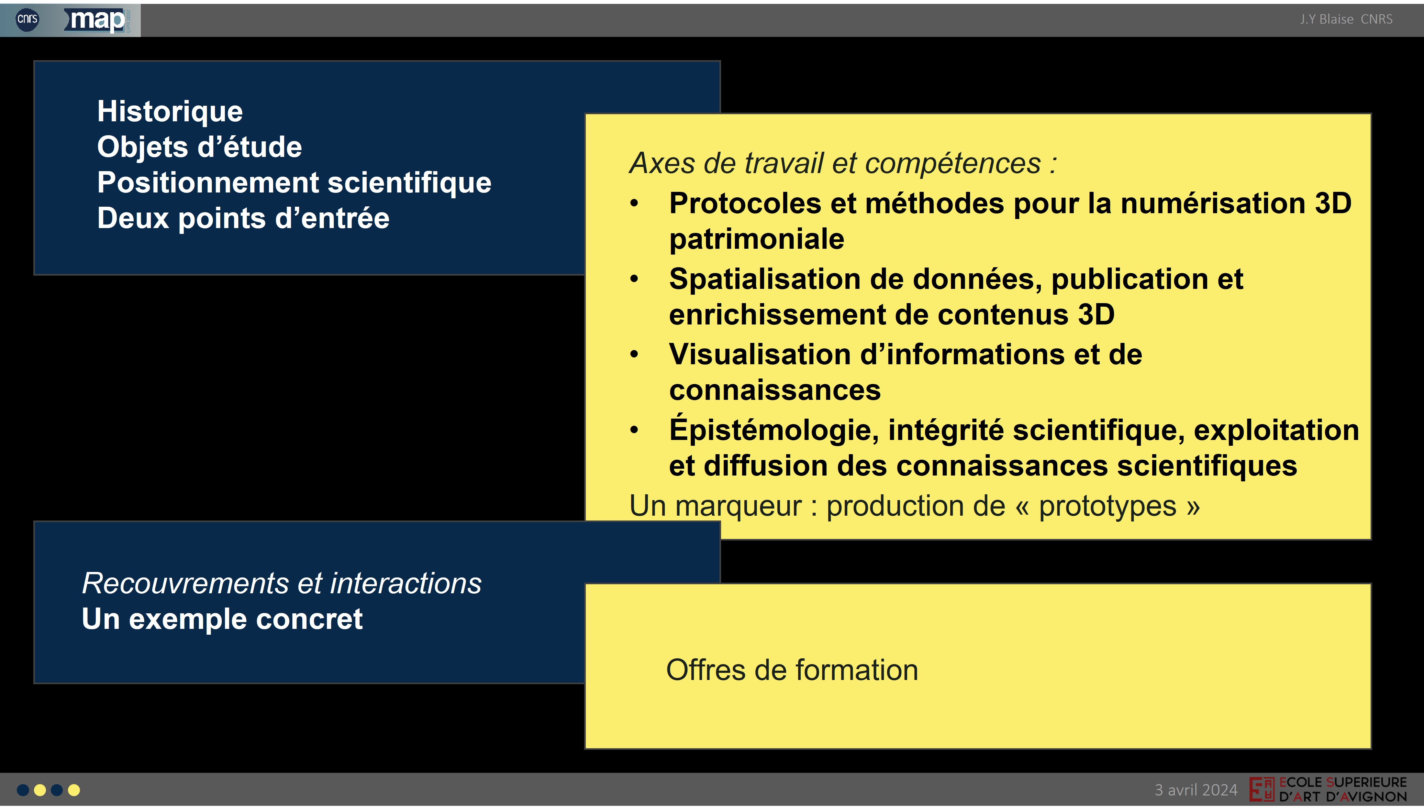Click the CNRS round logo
tap(27, 19)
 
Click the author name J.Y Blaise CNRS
tap(1346, 19)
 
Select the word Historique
tap(170, 111)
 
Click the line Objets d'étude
tap(199, 147)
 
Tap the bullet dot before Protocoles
tap(634, 203)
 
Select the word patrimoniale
tap(757, 239)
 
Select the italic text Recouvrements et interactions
tap(281, 583)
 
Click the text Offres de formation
tap(792, 670)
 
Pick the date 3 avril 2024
tap(1196, 790)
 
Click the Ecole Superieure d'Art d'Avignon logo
tap(1328, 789)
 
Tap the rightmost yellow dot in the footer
tap(73, 790)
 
